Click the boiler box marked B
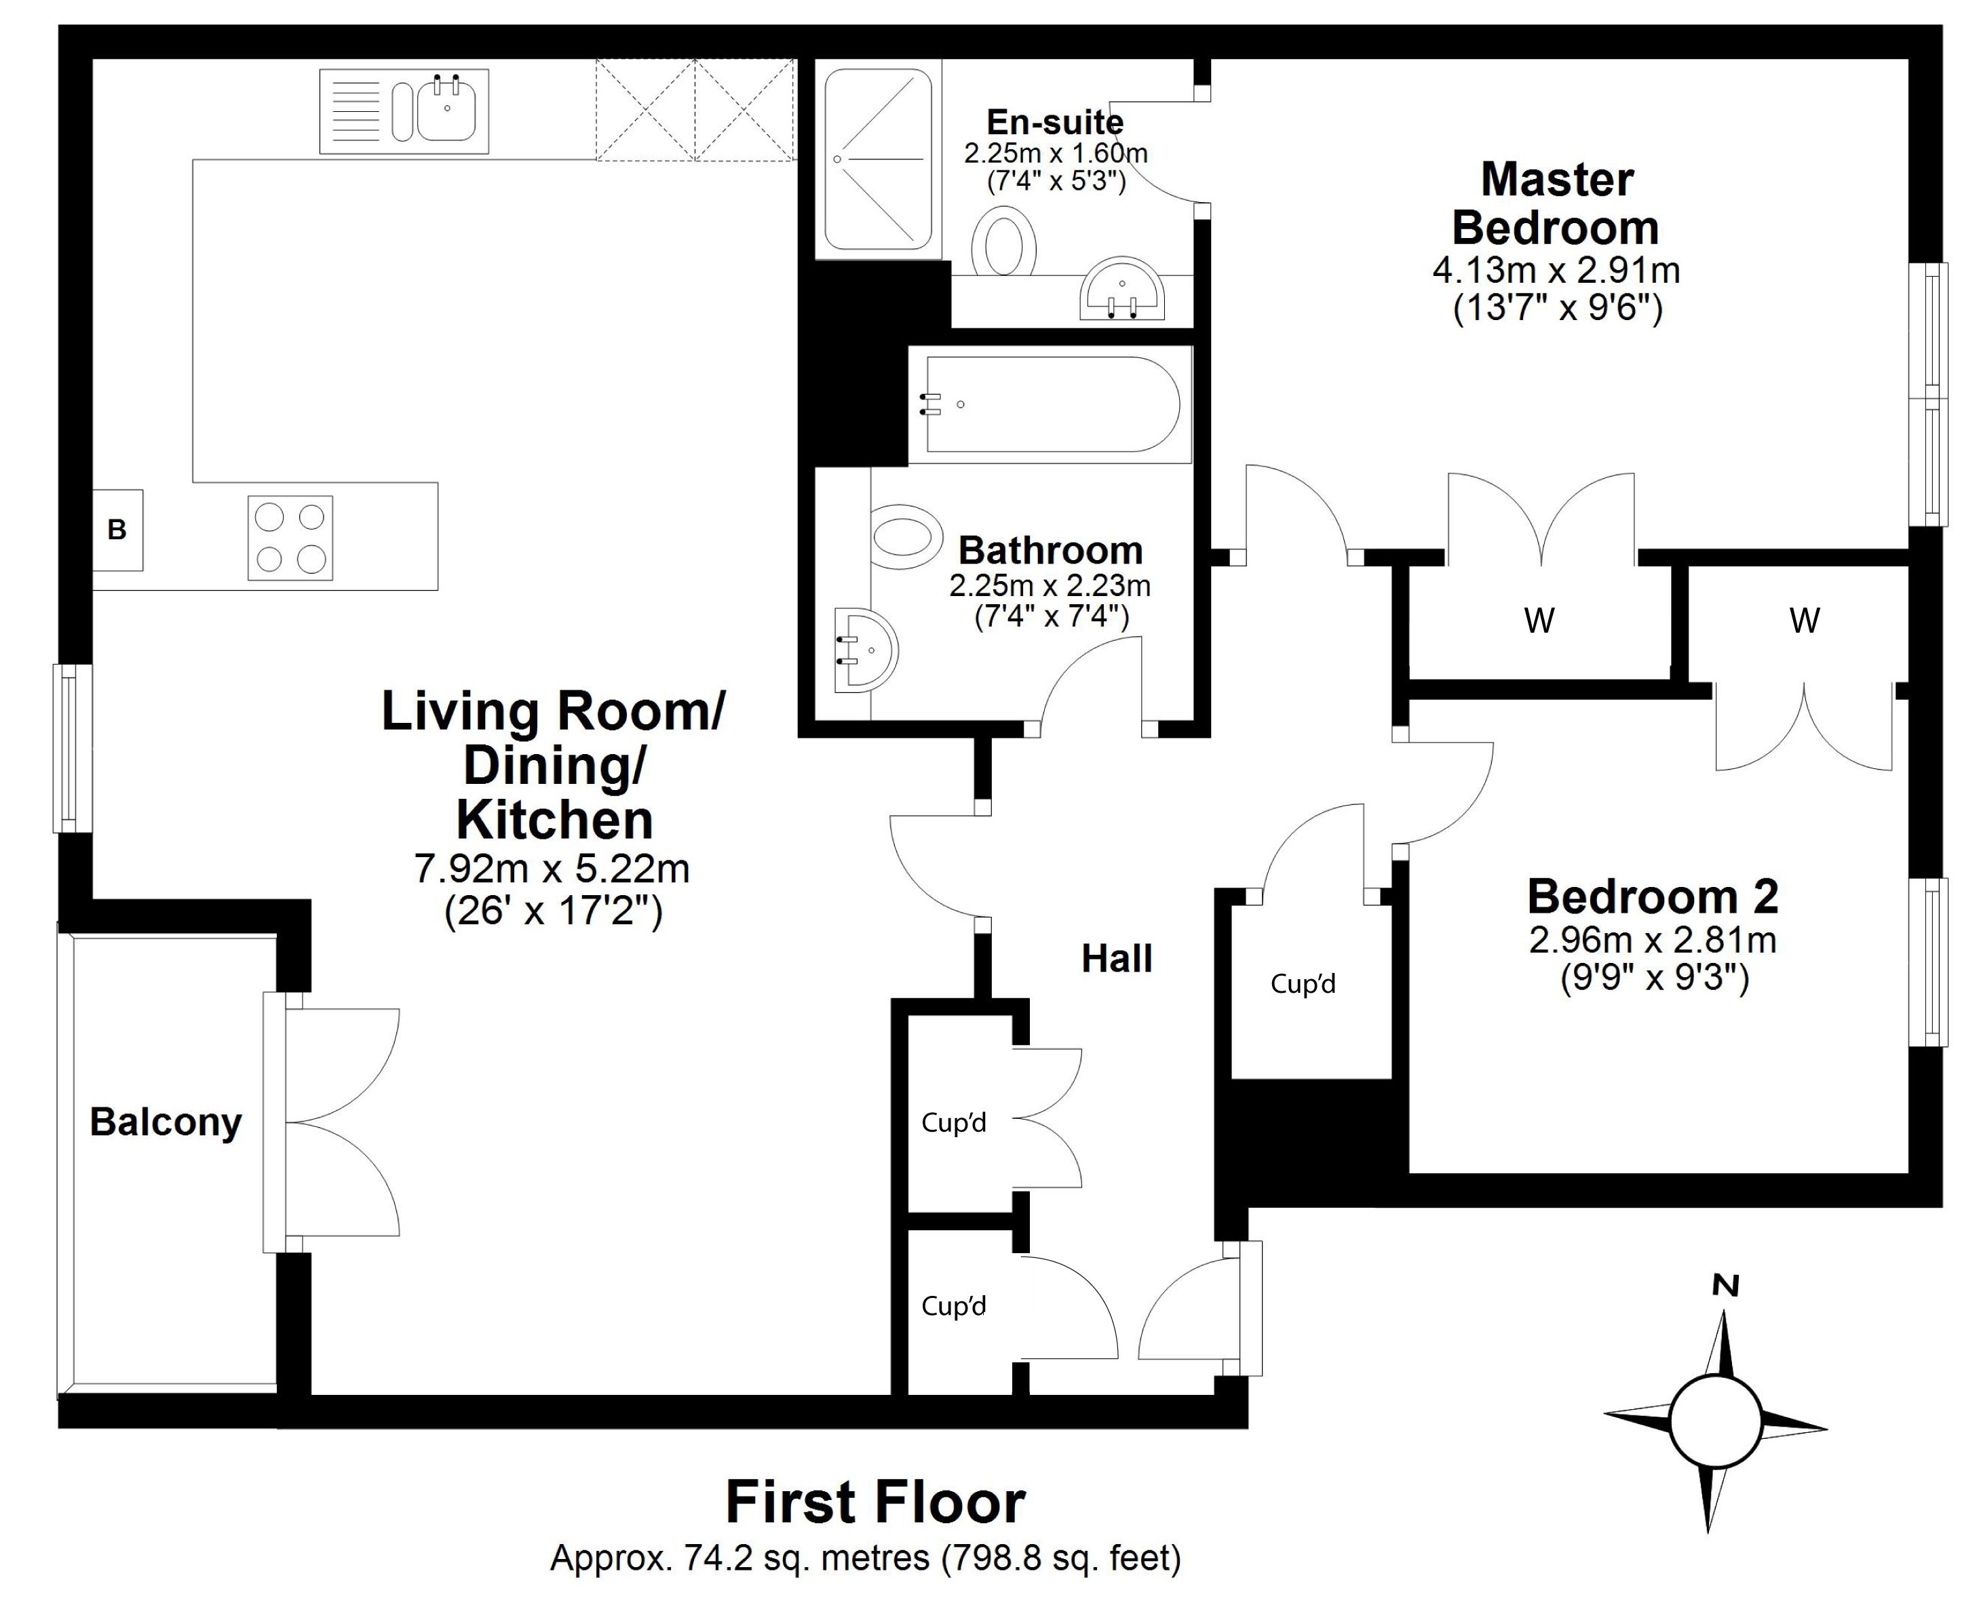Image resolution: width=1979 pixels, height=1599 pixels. (x=117, y=530)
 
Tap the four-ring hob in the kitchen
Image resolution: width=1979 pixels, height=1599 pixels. (x=290, y=538)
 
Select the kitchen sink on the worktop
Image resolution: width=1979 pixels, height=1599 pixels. (x=404, y=111)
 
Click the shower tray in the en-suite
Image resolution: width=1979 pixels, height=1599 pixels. (x=878, y=159)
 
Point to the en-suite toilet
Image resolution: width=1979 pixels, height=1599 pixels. (x=1003, y=241)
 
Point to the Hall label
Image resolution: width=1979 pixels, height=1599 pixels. (x=1117, y=959)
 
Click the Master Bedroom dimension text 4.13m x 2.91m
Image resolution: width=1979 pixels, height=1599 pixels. (x=1556, y=271)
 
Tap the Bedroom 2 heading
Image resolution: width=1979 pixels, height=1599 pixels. (x=1653, y=896)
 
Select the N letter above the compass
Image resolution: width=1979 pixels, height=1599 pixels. (x=1725, y=1286)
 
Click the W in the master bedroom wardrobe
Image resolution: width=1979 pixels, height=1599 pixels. (x=1539, y=620)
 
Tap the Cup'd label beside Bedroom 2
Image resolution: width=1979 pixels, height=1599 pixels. (x=1303, y=984)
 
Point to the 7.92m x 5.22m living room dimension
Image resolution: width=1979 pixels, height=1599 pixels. (x=552, y=869)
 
